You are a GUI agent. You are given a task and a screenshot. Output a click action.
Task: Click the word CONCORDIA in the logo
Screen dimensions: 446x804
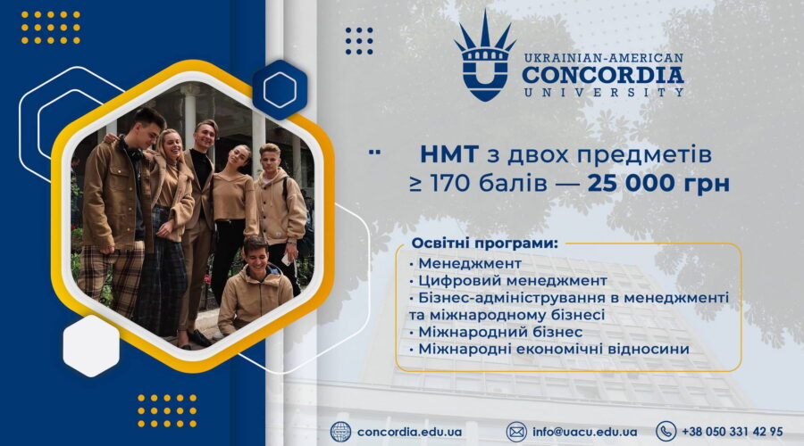click(603, 75)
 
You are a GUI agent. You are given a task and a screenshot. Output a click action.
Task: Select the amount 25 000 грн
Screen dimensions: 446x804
click(658, 184)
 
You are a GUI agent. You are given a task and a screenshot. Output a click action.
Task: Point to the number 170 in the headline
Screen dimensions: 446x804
click(467, 184)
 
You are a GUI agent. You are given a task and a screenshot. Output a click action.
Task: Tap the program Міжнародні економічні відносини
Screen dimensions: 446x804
click(549, 349)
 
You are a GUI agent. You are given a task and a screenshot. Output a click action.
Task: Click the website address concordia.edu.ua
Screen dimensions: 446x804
click(409, 432)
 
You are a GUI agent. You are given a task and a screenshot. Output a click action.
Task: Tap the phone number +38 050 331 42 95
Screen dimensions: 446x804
click(733, 432)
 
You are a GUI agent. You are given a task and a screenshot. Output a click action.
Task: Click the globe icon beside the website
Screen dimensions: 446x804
click(340, 432)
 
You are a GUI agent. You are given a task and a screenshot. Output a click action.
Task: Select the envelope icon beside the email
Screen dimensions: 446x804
click(516, 432)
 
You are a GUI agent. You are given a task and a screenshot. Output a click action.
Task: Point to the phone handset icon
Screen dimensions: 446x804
click(666, 432)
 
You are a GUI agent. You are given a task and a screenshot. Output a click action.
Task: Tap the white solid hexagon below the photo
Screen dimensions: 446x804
click(91, 345)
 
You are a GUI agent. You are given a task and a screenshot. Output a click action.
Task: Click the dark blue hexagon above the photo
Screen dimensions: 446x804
click(280, 89)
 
